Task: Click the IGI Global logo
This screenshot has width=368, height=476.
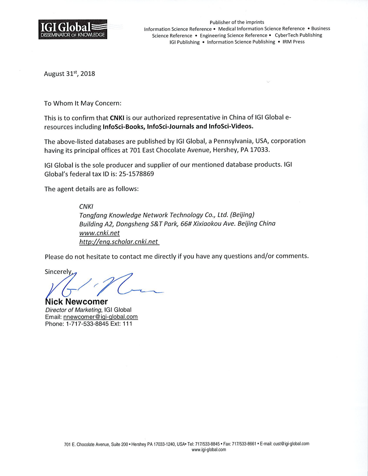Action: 73,29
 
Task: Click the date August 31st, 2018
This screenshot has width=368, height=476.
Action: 69,74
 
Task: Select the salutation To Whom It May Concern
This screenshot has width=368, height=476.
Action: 83,103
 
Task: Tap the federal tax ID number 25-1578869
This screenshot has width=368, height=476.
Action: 136,174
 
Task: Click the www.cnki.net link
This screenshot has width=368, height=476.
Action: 99,233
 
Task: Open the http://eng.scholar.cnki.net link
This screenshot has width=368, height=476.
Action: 119,242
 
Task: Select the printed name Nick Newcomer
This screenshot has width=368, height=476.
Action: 76,302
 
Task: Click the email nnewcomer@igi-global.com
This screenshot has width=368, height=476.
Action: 100,317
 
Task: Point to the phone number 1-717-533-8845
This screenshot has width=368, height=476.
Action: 87,324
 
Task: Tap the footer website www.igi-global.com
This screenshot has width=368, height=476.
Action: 208,450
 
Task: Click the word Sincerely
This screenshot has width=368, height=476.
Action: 58,272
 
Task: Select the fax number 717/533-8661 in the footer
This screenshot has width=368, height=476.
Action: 244,444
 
